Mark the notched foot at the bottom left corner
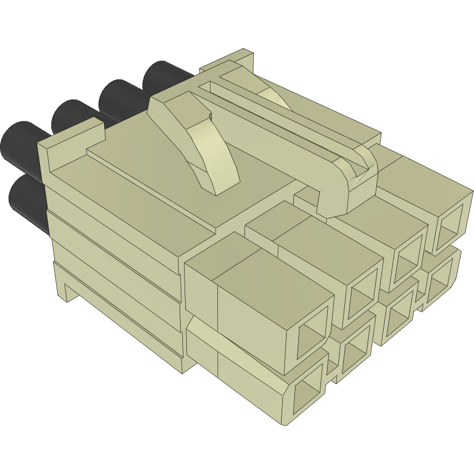point(69,288)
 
